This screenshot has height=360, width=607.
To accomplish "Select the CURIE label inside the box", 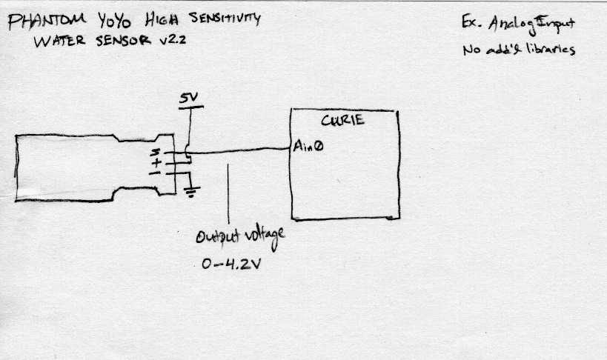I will coord(342,120).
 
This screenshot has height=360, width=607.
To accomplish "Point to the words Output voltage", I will coord(240,237).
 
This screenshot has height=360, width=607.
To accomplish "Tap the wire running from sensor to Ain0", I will coord(245,153).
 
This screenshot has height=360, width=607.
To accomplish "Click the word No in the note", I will coord(471,50).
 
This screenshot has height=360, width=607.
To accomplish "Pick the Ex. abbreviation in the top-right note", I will coord(470,24).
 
